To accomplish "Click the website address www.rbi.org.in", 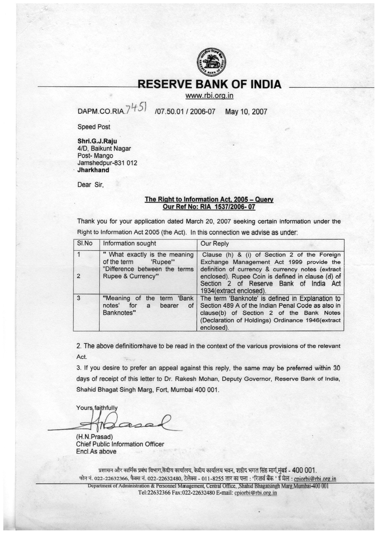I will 210,96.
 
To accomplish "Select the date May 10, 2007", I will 246,112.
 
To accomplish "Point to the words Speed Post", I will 94,127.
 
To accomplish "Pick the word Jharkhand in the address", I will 93,170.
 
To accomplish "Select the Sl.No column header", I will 85,243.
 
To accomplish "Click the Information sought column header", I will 129,243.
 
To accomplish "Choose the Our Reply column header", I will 214,244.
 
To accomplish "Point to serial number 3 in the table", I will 79,298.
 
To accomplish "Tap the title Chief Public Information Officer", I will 120,444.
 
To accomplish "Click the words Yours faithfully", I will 97,408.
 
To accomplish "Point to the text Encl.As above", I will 96,451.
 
